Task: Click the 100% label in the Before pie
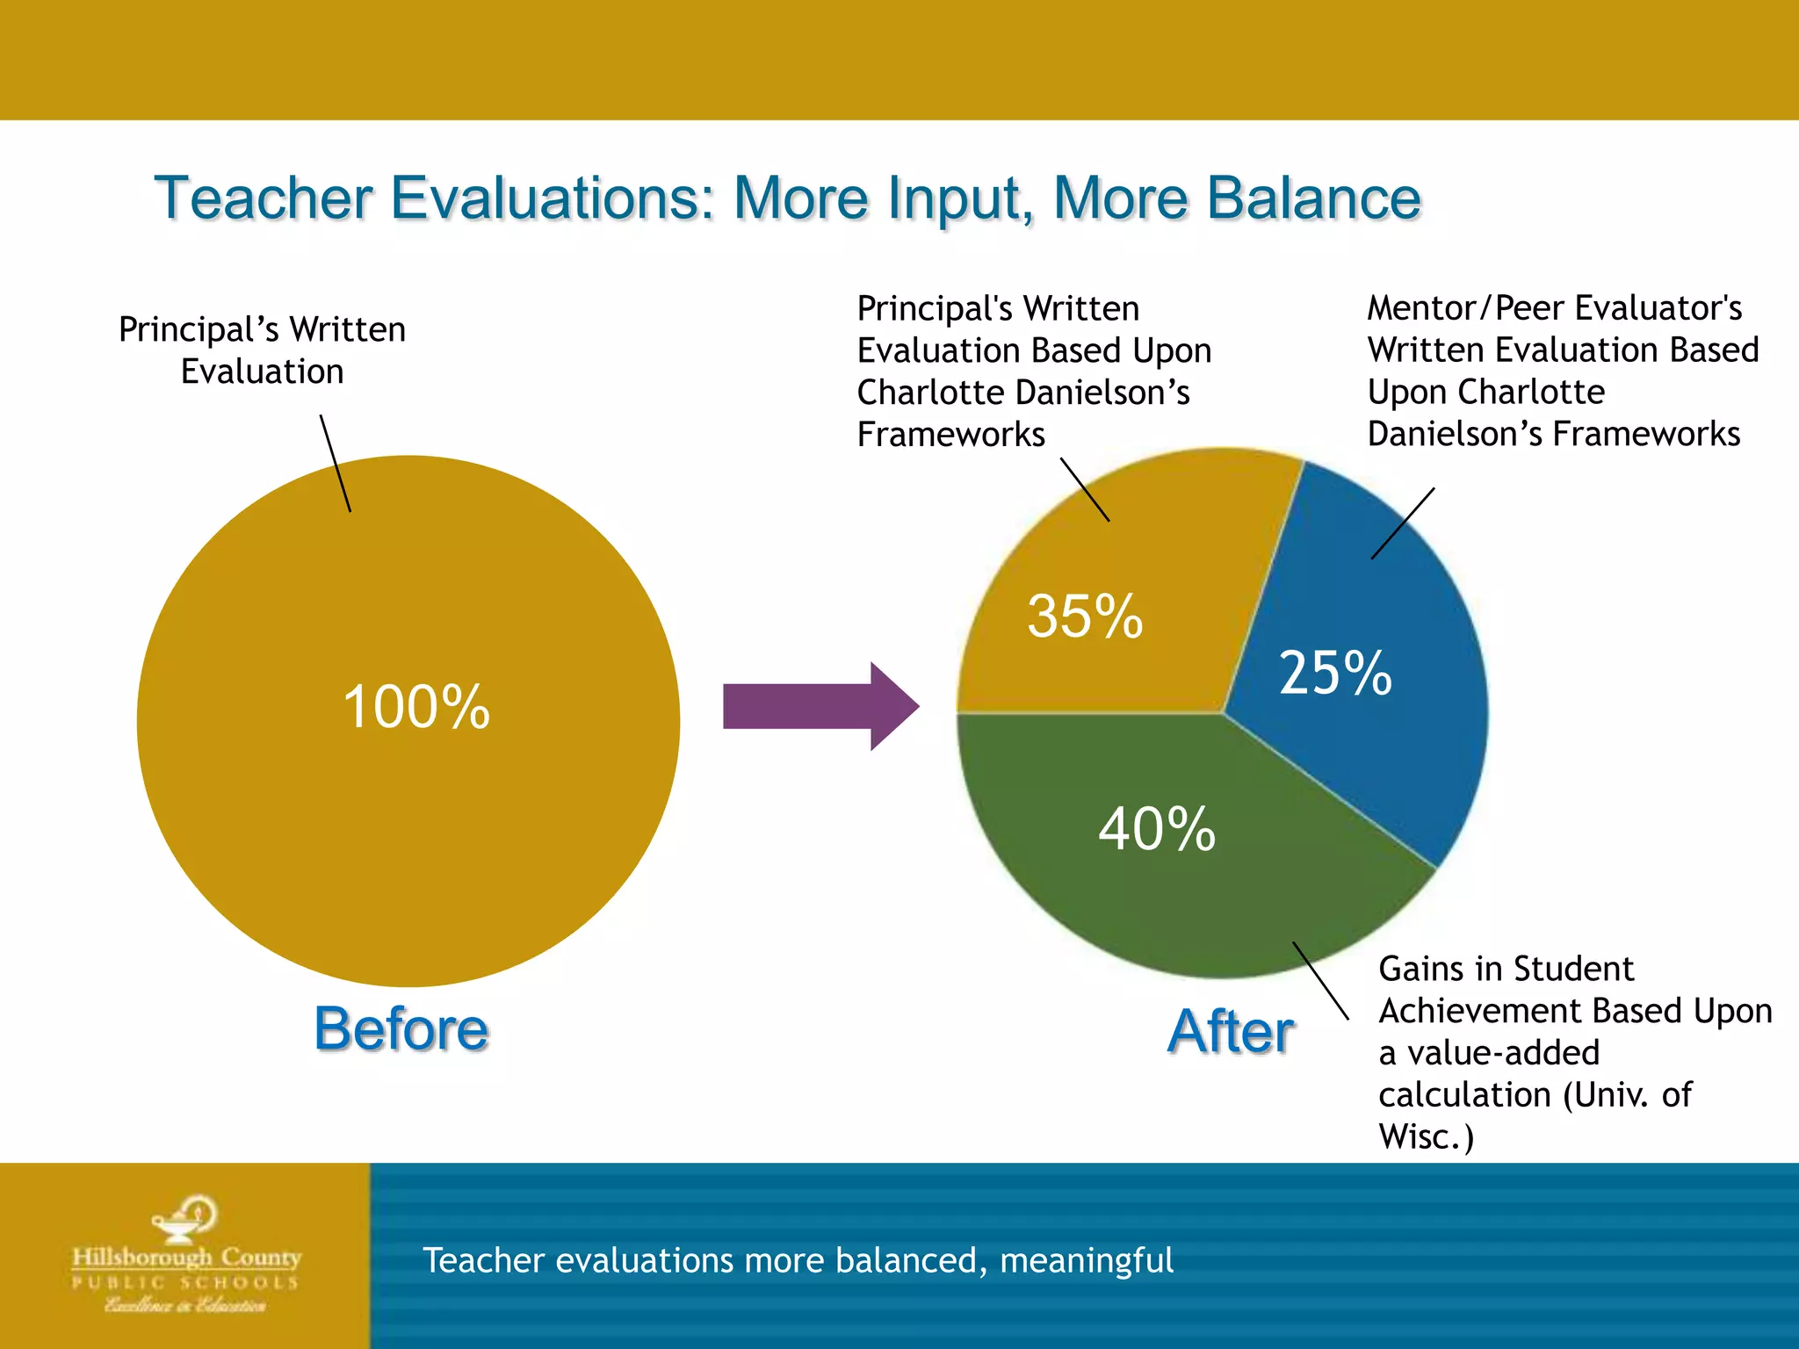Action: (x=416, y=707)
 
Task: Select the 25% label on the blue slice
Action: (x=1335, y=674)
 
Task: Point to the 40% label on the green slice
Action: (x=1157, y=829)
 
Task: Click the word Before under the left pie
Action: (x=401, y=1028)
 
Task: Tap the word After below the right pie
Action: (x=1231, y=1031)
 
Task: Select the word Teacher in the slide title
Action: (x=264, y=198)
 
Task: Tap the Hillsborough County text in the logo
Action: (x=187, y=1258)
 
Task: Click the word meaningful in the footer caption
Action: (x=1086, y=1261)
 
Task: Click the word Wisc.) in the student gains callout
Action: (x=1426, y=1136)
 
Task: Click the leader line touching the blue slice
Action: (x=1403, y=523)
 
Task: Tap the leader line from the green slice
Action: (x=1320, y=981)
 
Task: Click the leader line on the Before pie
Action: (x=336, y=464)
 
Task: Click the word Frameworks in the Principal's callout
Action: (x=951, y=435)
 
